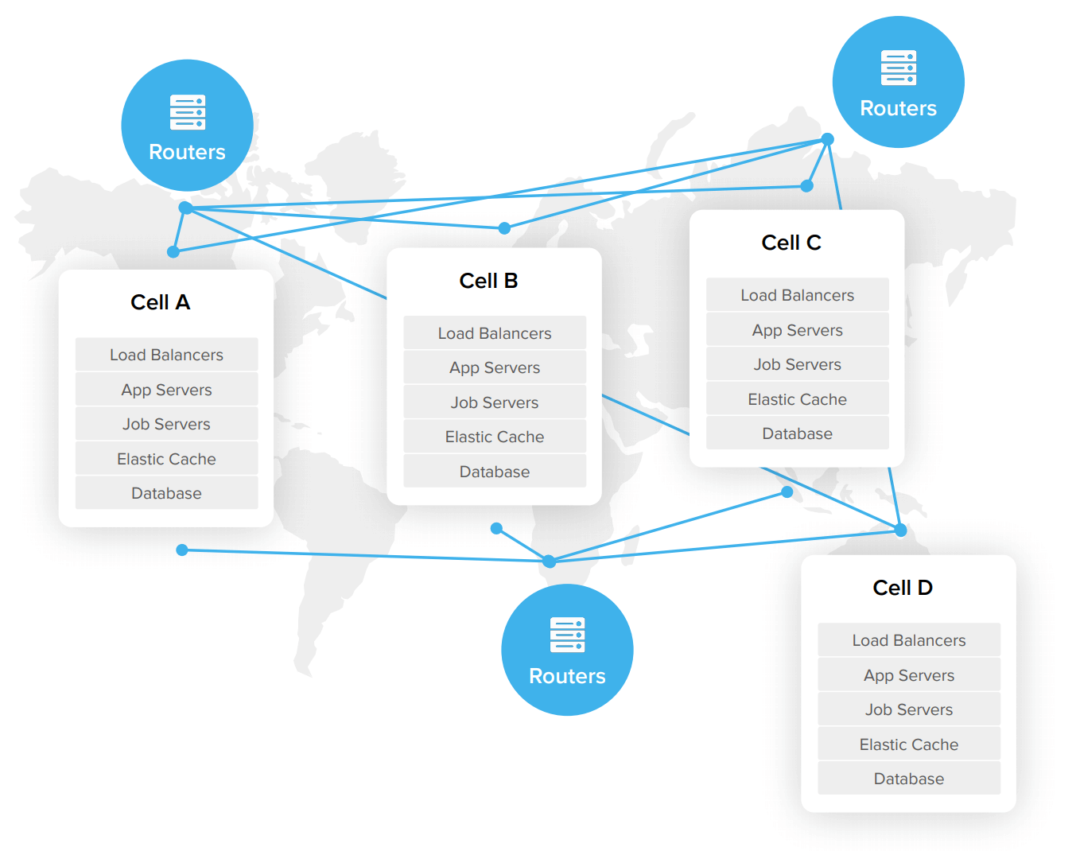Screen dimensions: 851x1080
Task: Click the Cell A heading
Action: click(x=160, y=302)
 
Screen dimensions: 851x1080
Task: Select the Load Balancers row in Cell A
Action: click(x=166, y=355)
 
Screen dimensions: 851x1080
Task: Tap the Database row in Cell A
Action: click(x=166, y=493)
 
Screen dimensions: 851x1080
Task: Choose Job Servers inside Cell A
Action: click(x=166, y=424)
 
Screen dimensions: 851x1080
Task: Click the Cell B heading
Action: click(x=488, y=281)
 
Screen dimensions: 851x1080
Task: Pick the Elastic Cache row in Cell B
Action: click(x=494, y=437)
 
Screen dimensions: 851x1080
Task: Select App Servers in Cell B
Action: click(x=494, y=367)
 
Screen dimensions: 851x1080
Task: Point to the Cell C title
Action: click(x=791, y=243)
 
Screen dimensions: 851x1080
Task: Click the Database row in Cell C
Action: click(x=797, y=433)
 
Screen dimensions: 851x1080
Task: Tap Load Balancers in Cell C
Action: click(x=797, y=295)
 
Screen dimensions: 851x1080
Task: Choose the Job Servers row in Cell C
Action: click(x=797, y=364)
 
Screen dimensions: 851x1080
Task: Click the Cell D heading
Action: click(x=902, y=588)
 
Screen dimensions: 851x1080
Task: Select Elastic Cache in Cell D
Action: click(x=908, y=744)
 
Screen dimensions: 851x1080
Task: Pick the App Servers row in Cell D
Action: click(x=908, y=675)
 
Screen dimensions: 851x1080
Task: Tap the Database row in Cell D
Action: click(x=908, y=779)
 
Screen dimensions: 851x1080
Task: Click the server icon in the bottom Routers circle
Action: click(x=567, y=635)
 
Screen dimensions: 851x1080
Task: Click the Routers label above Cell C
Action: click(x=898, y=108)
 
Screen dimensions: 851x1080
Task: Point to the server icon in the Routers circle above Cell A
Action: click(x=188, y=112)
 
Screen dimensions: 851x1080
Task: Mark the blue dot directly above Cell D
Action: click(x=900, y=530)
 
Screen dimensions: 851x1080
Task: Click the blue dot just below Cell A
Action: click(x=182, y=550)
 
